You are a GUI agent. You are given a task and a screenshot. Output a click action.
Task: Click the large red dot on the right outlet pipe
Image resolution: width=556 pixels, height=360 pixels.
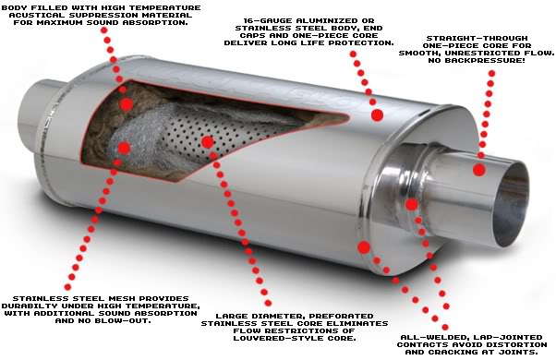(479, 169)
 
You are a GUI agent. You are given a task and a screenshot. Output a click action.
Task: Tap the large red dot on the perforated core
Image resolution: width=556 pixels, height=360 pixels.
(207, 142)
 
